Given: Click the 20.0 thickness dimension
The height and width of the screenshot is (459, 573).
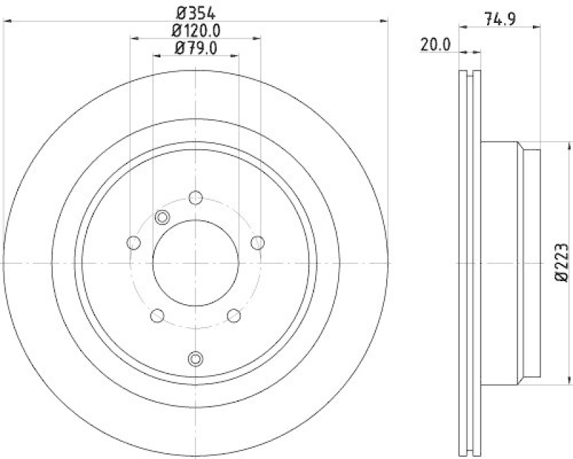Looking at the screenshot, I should [435, 44].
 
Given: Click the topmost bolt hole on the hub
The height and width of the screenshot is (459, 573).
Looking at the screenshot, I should [196, 199].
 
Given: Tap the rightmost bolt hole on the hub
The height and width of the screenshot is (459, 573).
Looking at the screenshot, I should [258, 242].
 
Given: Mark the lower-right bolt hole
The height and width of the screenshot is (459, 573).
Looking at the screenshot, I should [233, 315].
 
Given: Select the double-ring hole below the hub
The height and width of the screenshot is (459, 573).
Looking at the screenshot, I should [196, 359].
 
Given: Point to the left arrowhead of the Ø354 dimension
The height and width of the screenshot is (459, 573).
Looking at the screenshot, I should [6, 22].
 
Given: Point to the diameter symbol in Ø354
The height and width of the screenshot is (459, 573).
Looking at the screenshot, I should [181, 12].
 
